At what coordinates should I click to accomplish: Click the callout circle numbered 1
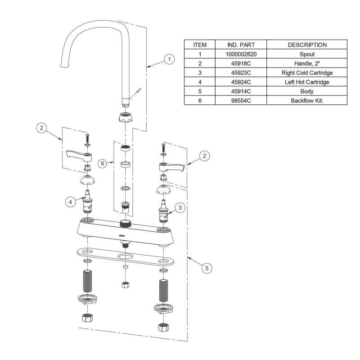169,59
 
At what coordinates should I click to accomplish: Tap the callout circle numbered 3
180,208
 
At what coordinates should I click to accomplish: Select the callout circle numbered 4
70,202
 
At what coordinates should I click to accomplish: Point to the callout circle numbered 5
206,269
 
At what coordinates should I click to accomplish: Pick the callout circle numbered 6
103,163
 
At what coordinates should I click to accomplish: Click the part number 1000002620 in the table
241,54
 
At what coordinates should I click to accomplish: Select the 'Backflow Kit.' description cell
307,100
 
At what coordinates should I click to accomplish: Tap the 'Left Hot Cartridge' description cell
307,81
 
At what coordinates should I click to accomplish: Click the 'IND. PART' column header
241,45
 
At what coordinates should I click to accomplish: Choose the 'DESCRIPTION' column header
307,45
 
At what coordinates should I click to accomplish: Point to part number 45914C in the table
241,91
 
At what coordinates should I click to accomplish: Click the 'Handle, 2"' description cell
307,63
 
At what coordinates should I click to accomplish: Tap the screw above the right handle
164,147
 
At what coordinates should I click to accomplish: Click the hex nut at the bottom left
87,318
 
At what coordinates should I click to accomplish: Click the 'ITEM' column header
200,45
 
